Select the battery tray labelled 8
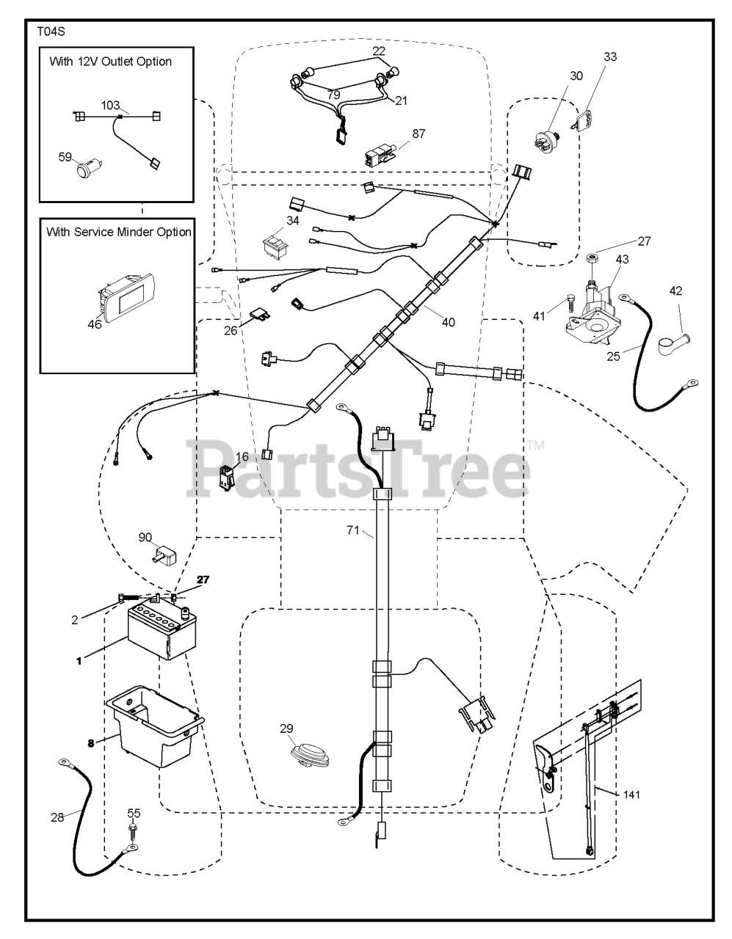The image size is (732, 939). point(154,722)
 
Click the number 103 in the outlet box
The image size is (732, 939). point(110,105)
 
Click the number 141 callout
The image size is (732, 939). point(631,794)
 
